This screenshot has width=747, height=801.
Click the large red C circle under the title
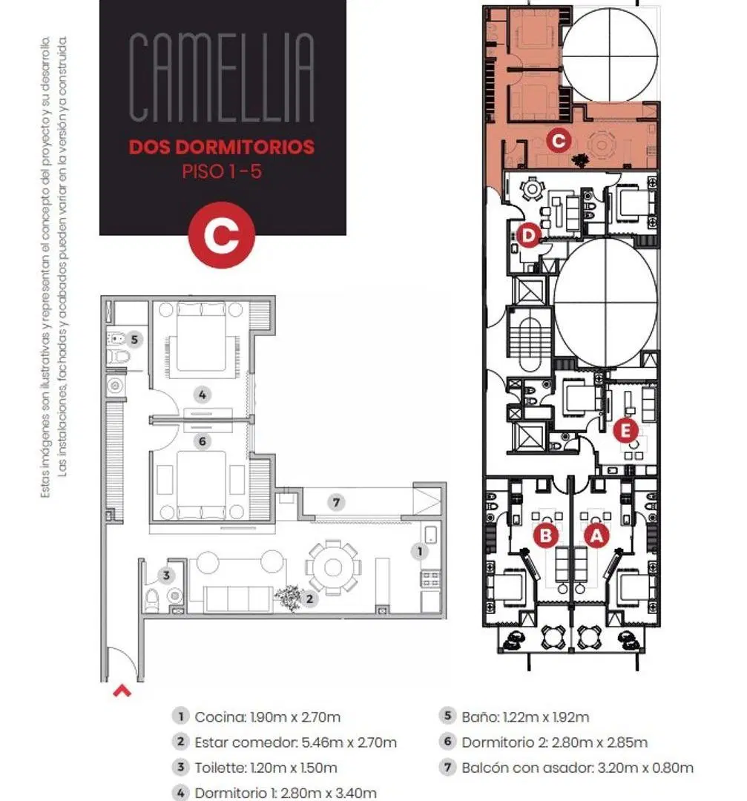[221, 235]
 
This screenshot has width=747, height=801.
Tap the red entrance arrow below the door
[122, 692]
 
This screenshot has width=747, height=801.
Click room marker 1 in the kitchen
[420, 550]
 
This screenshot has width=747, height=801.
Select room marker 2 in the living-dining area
[309, 599]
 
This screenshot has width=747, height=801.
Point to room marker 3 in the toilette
[166, 576]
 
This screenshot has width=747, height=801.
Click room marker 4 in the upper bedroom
[203, 395]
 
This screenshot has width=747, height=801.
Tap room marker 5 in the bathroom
[134, 339]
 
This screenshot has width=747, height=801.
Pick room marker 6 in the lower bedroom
[203, 441]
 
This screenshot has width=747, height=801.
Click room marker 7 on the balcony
[336, 502]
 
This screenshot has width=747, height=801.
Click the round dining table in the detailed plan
[333, 567]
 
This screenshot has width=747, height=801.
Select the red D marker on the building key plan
[528, 236]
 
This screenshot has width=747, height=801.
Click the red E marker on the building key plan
[625, 431]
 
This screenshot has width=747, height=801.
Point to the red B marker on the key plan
[546, 535]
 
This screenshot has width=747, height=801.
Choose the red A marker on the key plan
[596, 535]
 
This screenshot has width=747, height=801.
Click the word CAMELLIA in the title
[222, 77]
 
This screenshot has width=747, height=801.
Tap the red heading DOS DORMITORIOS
[222, 147]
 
